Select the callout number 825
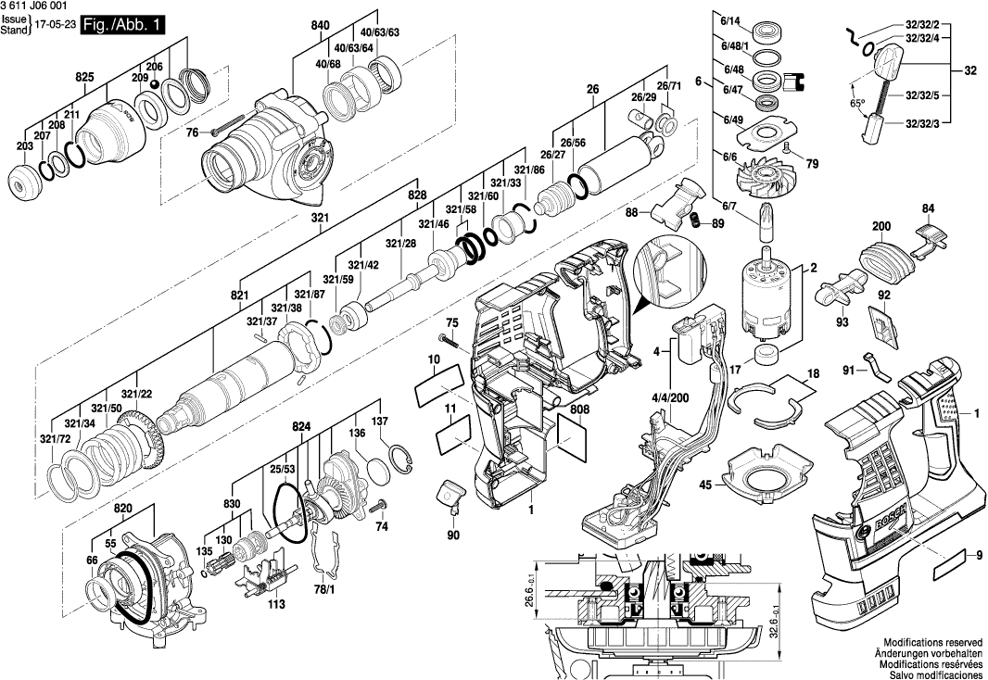click(84, 77)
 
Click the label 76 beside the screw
click(192, 133)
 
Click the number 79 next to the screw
click(813, 165)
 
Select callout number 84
click(929, 208)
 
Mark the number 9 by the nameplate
click(978, 555)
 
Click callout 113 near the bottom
click(275, 604)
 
